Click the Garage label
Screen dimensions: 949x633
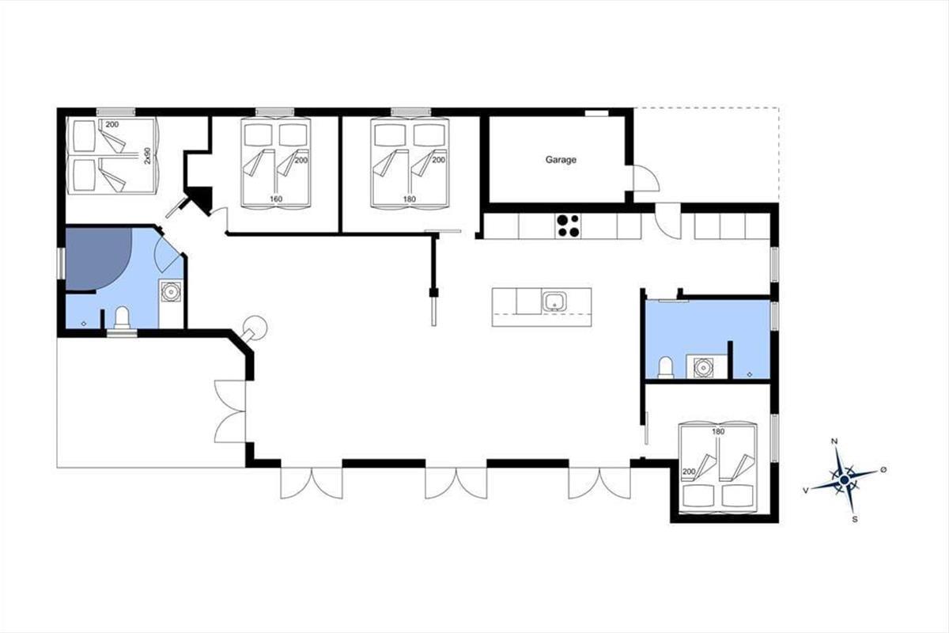point(561,160)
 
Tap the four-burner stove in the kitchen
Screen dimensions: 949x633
point(568,226)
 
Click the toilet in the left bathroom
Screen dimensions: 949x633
point(122,317)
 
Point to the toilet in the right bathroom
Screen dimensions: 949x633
point(666,367)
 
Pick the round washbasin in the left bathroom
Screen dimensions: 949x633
point(171,292)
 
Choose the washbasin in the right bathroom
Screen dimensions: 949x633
point(703,368)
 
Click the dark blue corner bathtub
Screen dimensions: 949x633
point(97,259)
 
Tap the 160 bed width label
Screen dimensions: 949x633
point(276,199)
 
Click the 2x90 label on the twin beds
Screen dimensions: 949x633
point(147,156)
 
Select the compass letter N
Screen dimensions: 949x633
point(834,442)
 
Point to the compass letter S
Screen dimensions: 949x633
point(855,519)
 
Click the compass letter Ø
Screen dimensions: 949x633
point(883,469)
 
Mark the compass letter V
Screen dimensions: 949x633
point(805,491)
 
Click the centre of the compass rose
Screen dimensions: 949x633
point(844,480)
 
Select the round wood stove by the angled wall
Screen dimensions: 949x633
point(256,327)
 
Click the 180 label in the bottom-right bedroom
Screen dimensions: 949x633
point(719,431)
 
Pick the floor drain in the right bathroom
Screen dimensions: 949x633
point(750,374)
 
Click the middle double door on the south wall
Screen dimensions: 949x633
point(456,483)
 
